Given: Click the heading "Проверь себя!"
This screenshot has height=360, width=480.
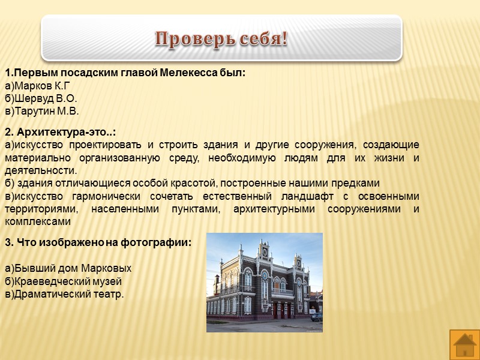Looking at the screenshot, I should tap(221, 39).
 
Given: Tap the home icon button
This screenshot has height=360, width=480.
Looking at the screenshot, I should tap(464, 345).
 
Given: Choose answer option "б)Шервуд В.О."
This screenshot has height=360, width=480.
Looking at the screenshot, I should tap(41, 98).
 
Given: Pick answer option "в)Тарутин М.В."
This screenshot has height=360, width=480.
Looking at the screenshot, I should tap(42, 111).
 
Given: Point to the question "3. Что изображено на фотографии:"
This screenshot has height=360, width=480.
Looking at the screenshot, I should tap(98, 243).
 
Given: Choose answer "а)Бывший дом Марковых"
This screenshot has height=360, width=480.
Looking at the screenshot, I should tap(68, 268).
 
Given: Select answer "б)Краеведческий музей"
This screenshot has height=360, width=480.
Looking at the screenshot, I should tap(64, 281).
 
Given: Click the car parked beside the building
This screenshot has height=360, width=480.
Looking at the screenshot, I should tap(316, 316).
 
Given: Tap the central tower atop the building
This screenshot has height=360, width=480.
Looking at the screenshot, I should tap(264, 251).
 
